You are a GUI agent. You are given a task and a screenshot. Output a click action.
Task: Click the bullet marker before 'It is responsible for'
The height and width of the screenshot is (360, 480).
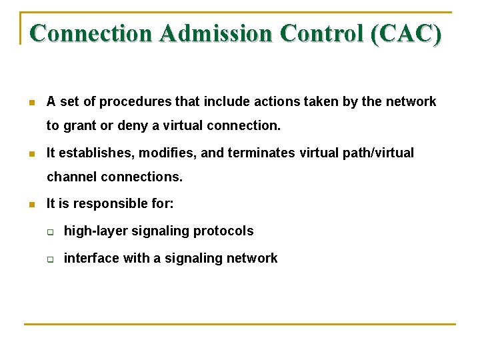pos(31,204)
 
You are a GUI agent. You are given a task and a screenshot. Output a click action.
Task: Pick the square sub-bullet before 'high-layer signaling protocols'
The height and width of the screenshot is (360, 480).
pos(50,232)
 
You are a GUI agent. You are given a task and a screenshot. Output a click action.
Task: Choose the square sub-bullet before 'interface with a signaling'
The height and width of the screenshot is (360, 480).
pos(50,259)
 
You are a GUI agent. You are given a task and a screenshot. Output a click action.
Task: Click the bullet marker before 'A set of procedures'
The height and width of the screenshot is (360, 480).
pos(31,103)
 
